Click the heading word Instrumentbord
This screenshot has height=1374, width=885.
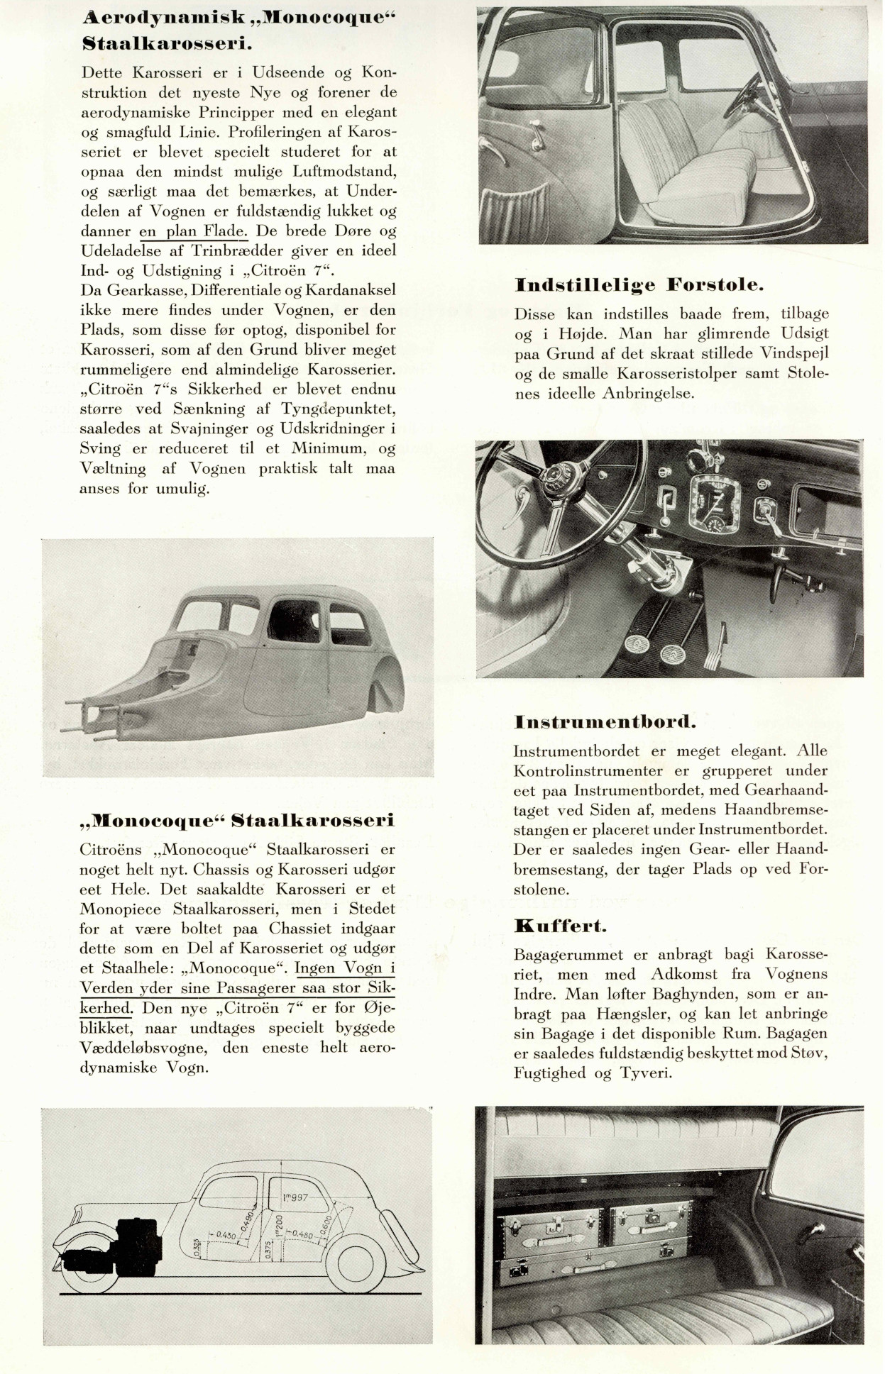point(605,722)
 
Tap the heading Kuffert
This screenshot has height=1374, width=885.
point(561,926)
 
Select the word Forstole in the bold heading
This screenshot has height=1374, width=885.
point(715,285)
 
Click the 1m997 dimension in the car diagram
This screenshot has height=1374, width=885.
point(295,1198)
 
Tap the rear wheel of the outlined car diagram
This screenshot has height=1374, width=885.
point(360,1268)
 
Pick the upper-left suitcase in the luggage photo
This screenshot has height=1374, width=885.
point(553,1226)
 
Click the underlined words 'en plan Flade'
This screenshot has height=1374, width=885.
point(193,231)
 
